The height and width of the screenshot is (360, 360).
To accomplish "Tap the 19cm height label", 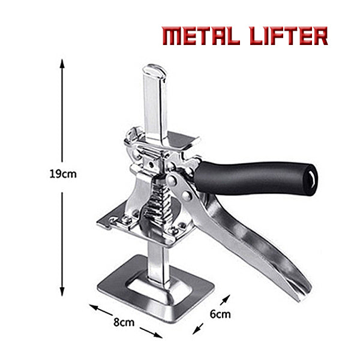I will [x=62, y=175].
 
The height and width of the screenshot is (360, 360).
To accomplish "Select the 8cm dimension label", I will [x=124, y=322].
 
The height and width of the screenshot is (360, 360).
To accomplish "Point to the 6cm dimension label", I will [x=220, y=313].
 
